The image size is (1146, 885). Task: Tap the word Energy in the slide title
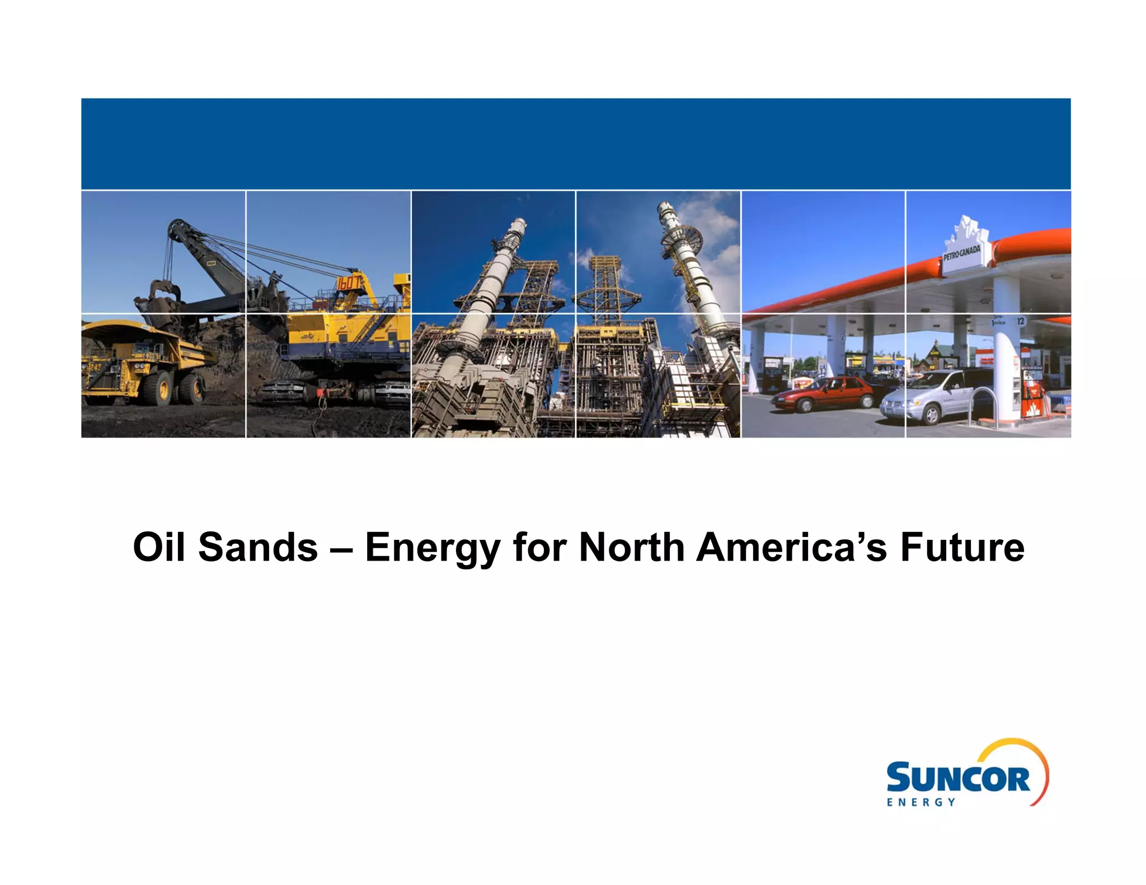coord(433,548)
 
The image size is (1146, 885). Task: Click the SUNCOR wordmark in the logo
coord(957,778)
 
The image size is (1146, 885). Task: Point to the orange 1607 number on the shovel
coord(348,283)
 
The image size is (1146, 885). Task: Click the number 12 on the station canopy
coord(1020,321)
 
